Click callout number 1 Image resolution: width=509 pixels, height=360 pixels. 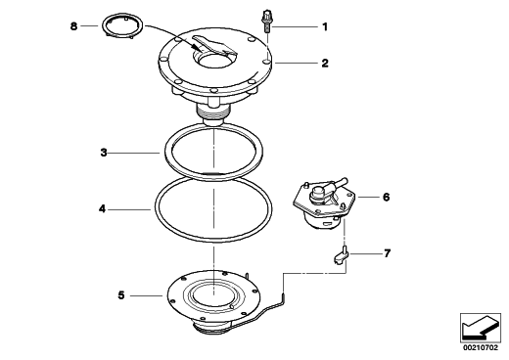325,26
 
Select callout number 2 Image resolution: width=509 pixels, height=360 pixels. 325,63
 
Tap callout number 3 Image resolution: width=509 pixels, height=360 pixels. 104,153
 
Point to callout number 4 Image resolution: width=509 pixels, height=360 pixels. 102,208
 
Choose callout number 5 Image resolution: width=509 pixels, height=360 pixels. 121,295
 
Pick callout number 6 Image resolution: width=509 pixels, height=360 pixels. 386,197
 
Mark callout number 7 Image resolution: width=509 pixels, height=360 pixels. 387,253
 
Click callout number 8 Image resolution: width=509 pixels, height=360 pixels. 74,26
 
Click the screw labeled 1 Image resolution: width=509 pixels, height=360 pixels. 267,22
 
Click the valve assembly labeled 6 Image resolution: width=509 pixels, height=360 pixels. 323,202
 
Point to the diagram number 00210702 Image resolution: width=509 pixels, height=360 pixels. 481,347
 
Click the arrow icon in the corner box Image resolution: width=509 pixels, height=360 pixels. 481,327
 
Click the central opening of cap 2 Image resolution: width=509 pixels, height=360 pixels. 213,62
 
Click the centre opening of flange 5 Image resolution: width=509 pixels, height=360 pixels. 213,295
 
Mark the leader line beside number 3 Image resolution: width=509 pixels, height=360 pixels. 134,153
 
